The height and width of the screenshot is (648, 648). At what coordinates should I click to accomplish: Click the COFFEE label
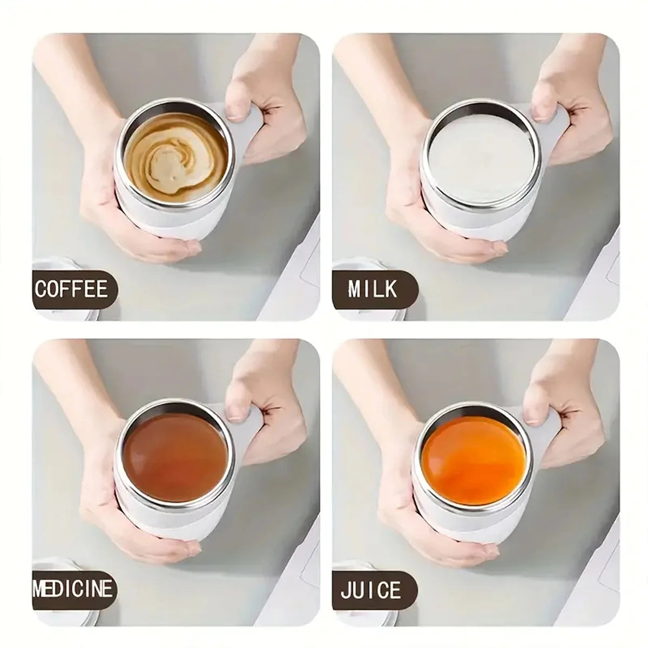[72, 289]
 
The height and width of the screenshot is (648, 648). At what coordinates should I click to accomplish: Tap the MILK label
[373, 289]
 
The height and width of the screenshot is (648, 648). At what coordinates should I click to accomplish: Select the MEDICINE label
[74, 589]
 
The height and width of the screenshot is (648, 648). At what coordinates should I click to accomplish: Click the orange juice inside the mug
[473, 457]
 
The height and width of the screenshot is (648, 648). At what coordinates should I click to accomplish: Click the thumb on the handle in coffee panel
[237, 105]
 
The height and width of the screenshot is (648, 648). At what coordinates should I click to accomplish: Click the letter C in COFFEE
[40, 289]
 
